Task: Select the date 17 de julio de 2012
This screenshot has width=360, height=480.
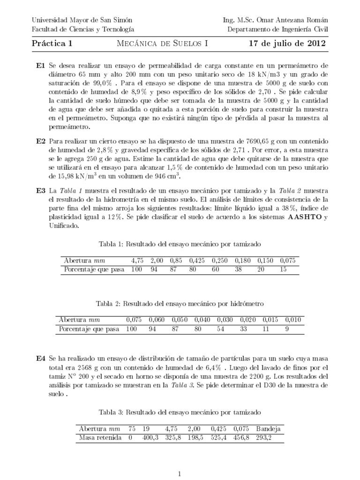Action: tap(288, 44)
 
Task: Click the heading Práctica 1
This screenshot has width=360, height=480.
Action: tap(52, 44)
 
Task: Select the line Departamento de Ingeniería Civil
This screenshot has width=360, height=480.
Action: tap(278, 29)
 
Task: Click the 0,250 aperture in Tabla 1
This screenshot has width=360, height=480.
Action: tap(219, 260)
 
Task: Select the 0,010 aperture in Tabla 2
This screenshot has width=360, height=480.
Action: tap(294, 320)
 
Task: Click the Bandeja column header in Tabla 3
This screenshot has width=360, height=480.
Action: tap(268, 428)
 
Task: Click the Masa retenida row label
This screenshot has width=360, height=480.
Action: tap(99, 438)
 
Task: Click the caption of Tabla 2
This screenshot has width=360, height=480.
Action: tap(180, 304)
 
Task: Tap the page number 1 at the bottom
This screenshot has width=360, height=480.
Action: tap(180, 474)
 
